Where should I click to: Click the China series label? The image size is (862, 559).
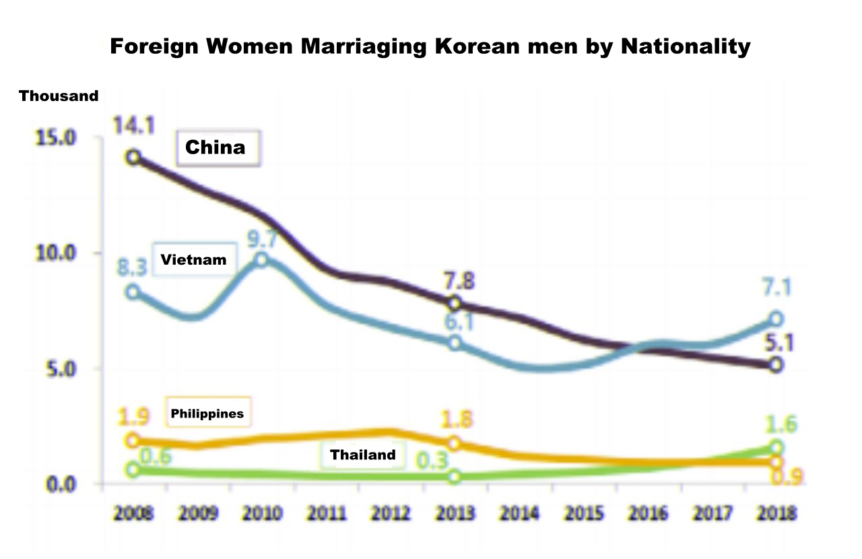tap(215, 147)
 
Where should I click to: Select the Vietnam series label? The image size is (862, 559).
tap(193, 259)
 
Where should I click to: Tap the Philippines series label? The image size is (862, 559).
tap(207, 413)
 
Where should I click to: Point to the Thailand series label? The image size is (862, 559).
tap(362, 455)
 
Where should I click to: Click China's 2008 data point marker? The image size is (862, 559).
tap(133, 158)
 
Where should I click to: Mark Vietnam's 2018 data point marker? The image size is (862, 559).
tap(776, 319)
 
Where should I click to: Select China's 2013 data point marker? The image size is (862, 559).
tap(455, 303)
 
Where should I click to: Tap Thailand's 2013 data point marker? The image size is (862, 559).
tap(455, 477)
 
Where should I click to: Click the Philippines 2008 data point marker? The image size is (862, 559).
tap(133, 440)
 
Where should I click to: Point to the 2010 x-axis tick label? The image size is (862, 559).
tap(263, 514)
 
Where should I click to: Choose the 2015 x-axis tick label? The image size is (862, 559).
tap(583, 514)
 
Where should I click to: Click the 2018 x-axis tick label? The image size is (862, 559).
tap(776, 514)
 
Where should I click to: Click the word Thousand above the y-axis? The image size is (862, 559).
tap(59, 96)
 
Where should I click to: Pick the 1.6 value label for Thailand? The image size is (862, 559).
tap(781, 425)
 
